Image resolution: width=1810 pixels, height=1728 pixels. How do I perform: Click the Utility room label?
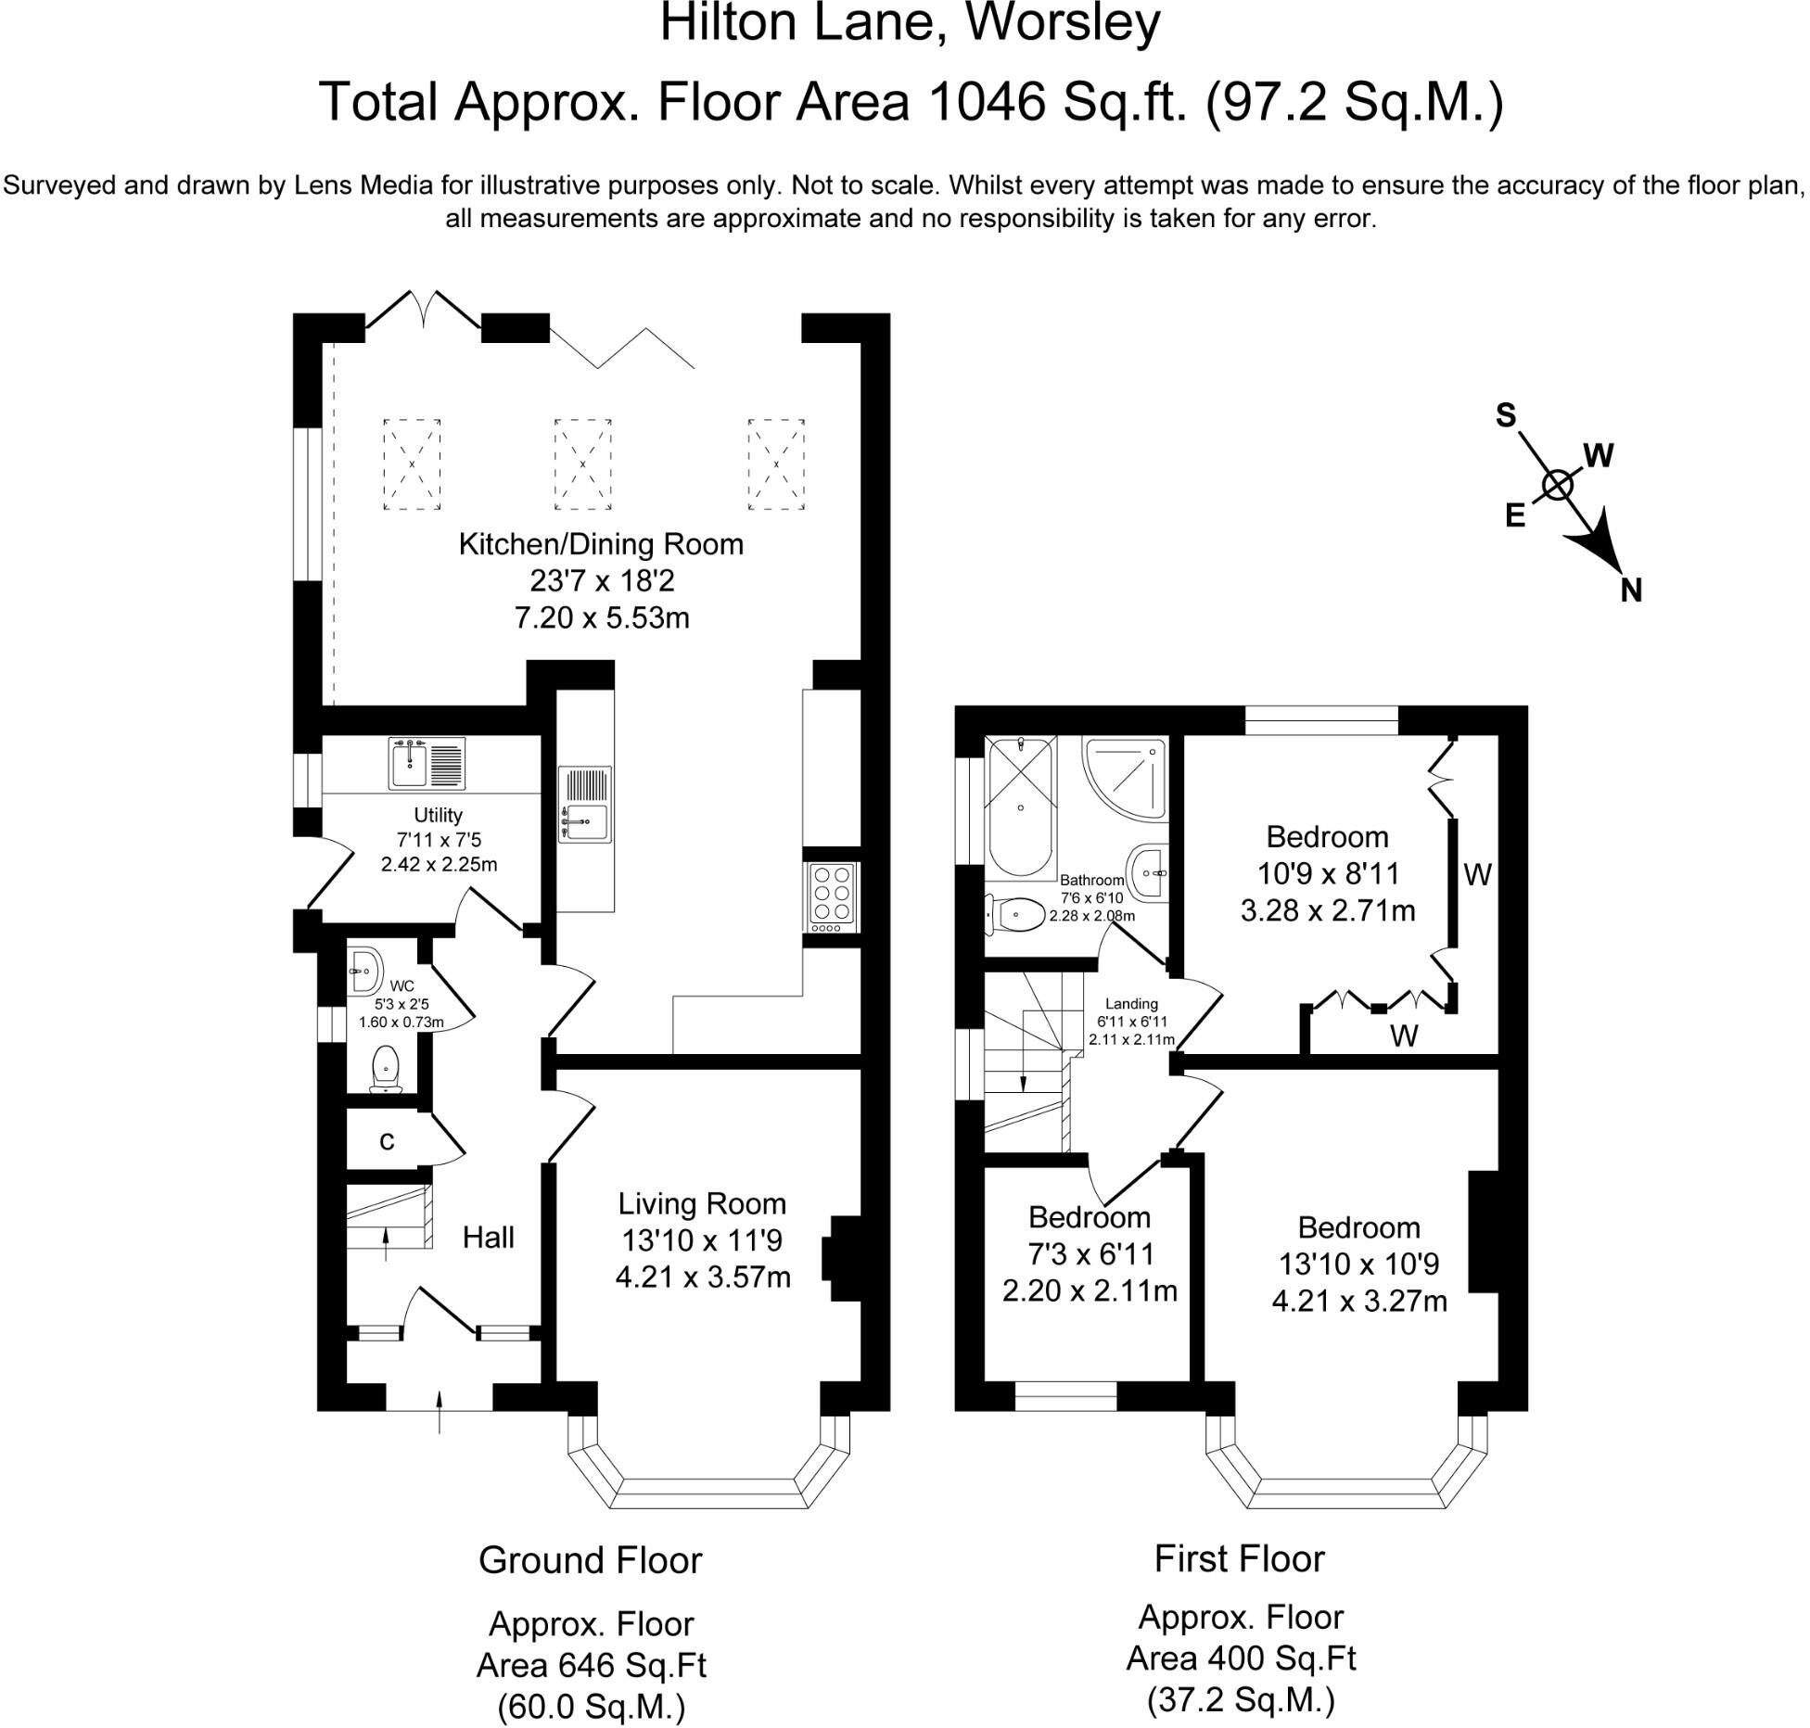click(438, 815)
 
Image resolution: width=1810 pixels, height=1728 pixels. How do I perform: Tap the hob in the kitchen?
click(832, 896)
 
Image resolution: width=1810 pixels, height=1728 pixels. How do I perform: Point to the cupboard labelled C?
click(387, 1142)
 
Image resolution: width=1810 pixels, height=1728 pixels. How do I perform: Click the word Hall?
click(488, 1237)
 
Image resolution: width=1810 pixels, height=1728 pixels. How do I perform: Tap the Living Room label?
click(702, 1203)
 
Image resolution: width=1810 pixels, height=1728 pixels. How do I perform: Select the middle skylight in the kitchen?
click(582, 464)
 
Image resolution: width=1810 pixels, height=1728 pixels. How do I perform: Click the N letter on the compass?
click(1631, 590)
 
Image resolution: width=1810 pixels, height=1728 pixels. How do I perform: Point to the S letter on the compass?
click(1505, 415)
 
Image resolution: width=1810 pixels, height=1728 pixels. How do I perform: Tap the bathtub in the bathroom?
click(1020, 807)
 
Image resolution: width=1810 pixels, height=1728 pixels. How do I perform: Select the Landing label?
click(1131, 1003)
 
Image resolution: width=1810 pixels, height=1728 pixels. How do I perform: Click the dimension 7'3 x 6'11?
click(1090, 1253)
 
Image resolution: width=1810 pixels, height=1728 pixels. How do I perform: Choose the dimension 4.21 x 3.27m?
click(1358, 1301)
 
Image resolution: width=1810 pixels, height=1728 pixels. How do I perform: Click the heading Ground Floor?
click(590, 1560)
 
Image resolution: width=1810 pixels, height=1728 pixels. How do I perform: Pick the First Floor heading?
click(1239, 1558)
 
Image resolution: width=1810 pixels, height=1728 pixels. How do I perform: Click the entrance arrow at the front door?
click(440, 1409)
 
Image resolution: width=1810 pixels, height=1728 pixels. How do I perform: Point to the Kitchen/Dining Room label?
click(601, 544)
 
